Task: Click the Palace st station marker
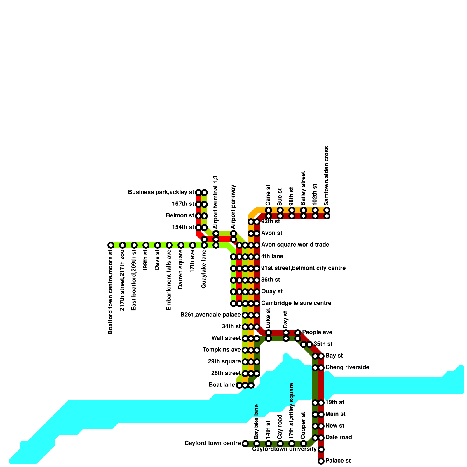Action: (x=321, y=461)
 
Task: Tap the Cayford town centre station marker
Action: (x=245, y=444)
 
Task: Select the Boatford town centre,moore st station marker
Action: (x=111, y=245)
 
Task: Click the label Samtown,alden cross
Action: (x=327, y=176)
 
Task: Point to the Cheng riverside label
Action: (x=347, y=367)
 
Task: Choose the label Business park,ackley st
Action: (x=161, y=192)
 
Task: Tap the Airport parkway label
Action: (x=233, y=207)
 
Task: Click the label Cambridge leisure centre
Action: (x=296, y=303)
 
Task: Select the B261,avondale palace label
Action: (x=210, y=315)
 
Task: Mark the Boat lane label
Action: (x=222, y=385)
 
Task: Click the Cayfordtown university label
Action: (x=284, y=449)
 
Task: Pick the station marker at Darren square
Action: (x=181, y=245)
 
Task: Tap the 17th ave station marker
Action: (x=193, y=245)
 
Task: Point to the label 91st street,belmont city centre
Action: (x=303, y=268)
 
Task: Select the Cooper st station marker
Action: (x=304, y=444)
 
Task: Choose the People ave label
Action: (x=317, y=332)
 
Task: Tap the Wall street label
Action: (x=226, y=338)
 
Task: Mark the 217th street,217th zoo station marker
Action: (x=123, y=245)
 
